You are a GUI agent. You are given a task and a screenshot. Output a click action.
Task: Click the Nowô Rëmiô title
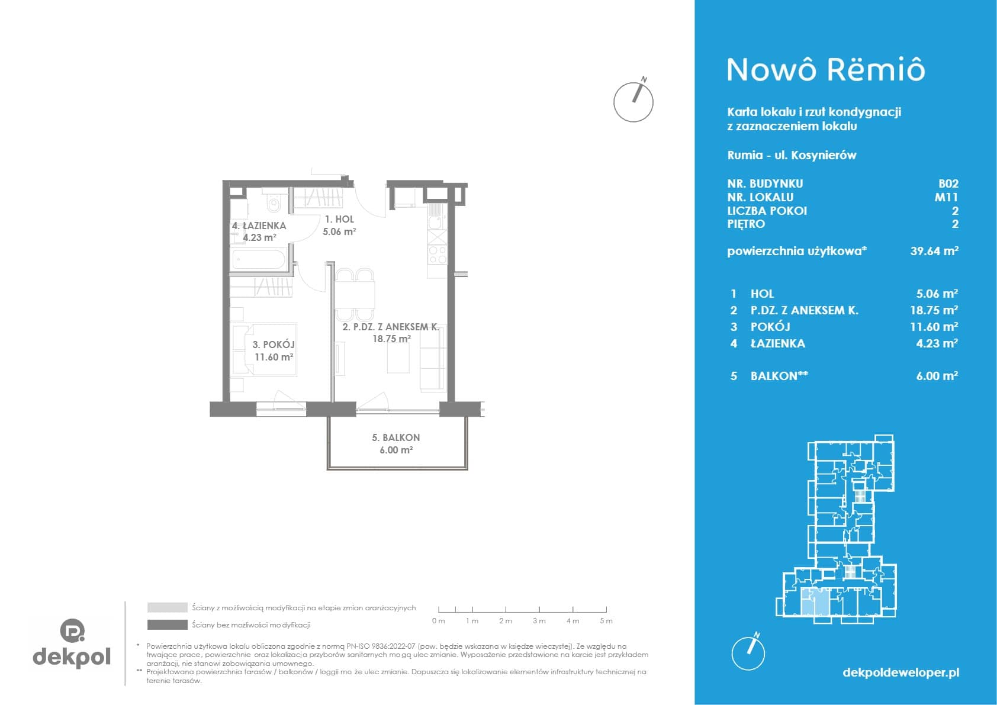click(x=826, y=70)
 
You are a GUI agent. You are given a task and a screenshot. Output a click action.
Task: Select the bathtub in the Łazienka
click(x=259, y=259)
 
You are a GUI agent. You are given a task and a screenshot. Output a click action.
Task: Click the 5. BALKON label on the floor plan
click(x=395, y=437)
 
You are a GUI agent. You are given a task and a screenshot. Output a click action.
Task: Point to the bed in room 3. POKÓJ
click(x=265, y=349)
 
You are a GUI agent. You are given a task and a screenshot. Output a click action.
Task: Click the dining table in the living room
click(x=355, y=294)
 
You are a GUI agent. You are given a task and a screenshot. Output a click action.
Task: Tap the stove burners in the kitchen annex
click(x=437, y=254)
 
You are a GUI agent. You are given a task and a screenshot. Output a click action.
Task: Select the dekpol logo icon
click(x=72, y=630)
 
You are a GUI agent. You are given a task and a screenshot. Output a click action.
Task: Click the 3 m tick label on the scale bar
click(x=539, y=621)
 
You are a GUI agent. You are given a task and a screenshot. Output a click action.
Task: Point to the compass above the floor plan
click(x=633, y=101)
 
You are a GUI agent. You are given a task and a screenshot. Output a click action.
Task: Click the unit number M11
click(x=946, y=197)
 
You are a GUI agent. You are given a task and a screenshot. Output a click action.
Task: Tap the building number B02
click(x=948, y=184)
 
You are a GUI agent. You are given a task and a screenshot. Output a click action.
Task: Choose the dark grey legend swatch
click(x=168, y=625)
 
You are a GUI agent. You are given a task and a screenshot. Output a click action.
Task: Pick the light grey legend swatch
click(x=168, y=607)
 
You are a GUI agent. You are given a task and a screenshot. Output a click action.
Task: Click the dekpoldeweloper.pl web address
click(x=901, y=673)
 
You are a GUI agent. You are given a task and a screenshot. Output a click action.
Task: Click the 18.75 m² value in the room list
click(x=934, y=310)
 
